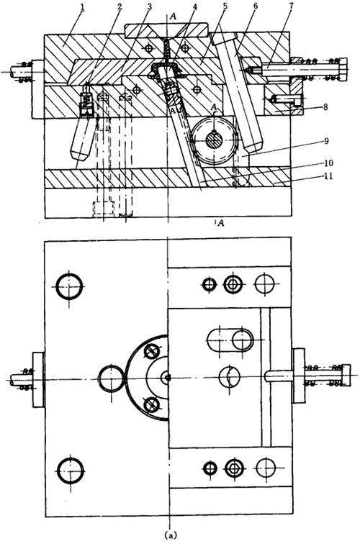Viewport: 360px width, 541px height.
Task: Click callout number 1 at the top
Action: coord(83,7)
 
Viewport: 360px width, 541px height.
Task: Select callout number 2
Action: coord(119,7)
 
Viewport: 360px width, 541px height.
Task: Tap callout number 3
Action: coord(150,7)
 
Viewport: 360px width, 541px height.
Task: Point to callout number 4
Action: coord(194,7)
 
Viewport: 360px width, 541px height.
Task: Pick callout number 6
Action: coord(255,7)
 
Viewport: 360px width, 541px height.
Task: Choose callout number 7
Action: coord(290,7)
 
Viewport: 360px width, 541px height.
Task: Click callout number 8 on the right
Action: coord(325,106)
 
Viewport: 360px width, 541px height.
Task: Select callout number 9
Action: coord(326,141)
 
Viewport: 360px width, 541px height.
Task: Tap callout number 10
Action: coord(328,163)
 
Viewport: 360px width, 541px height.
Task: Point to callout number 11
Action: coord(328,176)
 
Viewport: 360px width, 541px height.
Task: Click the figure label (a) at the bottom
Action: coord(171,535)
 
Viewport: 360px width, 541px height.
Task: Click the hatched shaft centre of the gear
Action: coord(215,141)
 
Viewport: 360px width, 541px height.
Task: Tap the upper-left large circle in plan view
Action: coord(69,286)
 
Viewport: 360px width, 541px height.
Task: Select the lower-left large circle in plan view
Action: coord(71,470)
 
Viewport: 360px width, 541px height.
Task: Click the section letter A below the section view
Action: coord(221,223)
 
